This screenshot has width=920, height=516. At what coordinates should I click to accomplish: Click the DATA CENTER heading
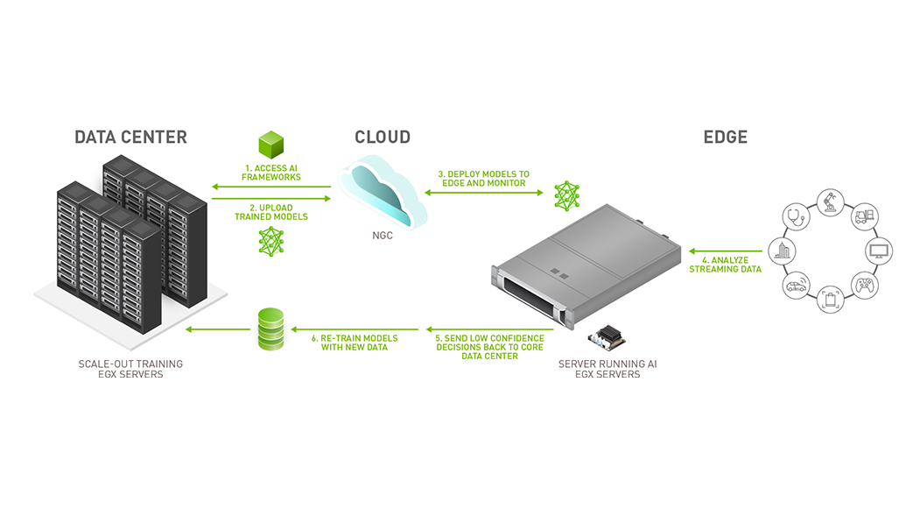[x=130, y=138]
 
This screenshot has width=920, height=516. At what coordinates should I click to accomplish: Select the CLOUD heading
[x=382, y=138]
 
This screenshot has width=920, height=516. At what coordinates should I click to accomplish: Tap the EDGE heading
[x=725, y=138]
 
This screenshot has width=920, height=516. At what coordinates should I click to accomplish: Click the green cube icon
[x=271, y=145]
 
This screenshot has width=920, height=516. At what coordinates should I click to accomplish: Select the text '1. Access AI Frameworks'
[x=271, y=172]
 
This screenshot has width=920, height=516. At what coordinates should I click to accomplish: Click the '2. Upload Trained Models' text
[x=271, y=212]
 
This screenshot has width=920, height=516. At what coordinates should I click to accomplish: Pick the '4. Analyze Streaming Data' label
[x=725, y=264]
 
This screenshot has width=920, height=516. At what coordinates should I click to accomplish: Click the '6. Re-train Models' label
[x=355, y=343]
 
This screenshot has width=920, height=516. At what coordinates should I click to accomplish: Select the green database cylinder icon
[x=271, y=329]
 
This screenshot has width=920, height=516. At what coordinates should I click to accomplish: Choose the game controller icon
[x=864, y=285]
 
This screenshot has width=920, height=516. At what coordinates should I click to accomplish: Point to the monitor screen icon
[x=878, y=251]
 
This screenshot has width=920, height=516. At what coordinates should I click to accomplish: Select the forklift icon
[x=864, y=217]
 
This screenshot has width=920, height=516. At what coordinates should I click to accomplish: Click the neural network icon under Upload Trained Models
[x=271, y=241]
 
